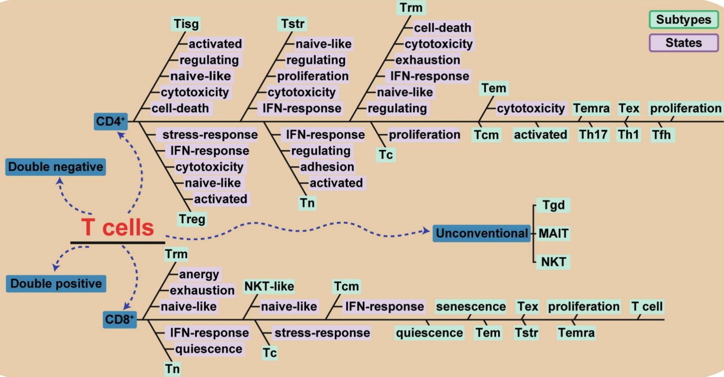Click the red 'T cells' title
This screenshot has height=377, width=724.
click(117, 228)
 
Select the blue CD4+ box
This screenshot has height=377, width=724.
click(111, 121)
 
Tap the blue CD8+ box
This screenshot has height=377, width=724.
click(119, 319)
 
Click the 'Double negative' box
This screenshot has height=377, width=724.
click(56, 167)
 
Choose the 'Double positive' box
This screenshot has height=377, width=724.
click(56, 283)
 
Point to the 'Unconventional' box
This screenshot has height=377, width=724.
click(481, 233)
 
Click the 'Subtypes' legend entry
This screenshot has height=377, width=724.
click(683, 20)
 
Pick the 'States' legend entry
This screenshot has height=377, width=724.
click(683, 43)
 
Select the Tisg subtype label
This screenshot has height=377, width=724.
click(186, 24)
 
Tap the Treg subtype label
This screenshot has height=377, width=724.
click(192, 219)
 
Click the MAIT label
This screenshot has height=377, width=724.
click(553, 233)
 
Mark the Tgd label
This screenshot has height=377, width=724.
click(553, 205)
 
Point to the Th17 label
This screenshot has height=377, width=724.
click(593, 135)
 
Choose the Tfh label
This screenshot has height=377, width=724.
click(661, 135)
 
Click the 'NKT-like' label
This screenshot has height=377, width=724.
click(269, 286)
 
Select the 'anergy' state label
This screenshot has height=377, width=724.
click(199, 274)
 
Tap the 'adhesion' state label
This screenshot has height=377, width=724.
click(327, 167)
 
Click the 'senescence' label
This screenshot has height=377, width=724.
click(470, 306)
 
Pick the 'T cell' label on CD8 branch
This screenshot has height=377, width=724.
click(647, 306)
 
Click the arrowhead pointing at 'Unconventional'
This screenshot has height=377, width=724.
click(426, 231)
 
